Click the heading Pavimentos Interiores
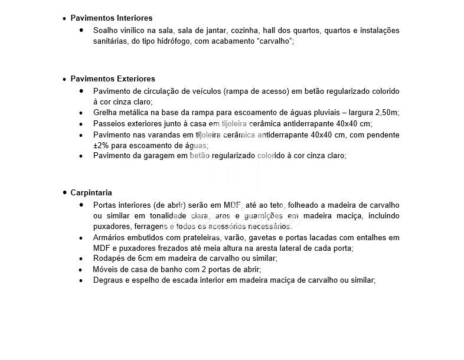[111, 18]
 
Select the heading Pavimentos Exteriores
[112, 78]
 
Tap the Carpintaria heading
[91, 192]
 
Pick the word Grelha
[105, 112]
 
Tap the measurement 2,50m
[386, 112]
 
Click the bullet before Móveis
[81, 270]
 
